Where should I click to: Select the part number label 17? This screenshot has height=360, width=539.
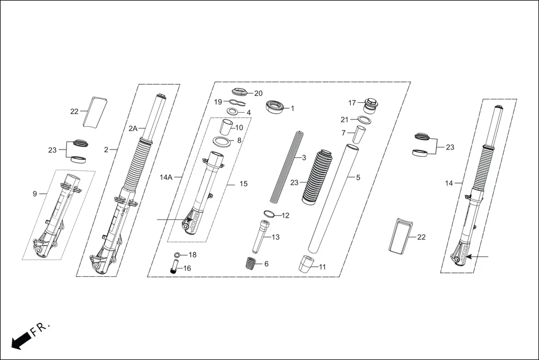pyautogui.click(x=352, y=103)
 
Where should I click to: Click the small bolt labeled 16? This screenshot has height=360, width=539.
pyautogui.click(x=174, y=268)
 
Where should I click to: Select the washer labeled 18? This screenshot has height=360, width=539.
pyautogui.click(x=177, y=255)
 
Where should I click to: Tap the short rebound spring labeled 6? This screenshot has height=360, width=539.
pyautogui.click(x=251, y=263)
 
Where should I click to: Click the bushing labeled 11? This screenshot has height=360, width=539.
pyautogui.click(x=306, y=263)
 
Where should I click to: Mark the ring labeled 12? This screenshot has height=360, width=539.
pyautogui.click(x=269, y=214)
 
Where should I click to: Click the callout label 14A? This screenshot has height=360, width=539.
pyautogui.click(x=166, y=177)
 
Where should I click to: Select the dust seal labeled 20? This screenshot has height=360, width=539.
pyautogui.click(x=241, y=92)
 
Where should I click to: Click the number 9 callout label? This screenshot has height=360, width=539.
pyautogui.click(x=35, y=194)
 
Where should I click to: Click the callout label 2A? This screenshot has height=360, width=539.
pyautogui.click(x=133, y=128)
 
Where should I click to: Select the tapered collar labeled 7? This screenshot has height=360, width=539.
pyautogui.click(x=362, y=135)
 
